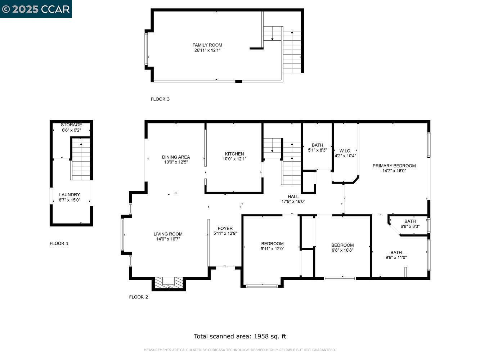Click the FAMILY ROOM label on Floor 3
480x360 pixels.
[x=207, y=45]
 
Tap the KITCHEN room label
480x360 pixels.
[x=234, y=154]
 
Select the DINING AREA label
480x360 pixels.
[x=176, y=157]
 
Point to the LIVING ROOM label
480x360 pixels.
[x=168, y=234]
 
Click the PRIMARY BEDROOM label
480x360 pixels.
[x=394, y=166]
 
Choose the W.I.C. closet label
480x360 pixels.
[x=345, y=151]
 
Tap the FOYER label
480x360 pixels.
[x=225, y=228]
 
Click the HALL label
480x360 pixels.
[x=293, y=197]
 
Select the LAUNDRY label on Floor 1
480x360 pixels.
[x=69, y=195]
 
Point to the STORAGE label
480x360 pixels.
[x=71, y=125]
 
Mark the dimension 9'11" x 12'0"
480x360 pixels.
[x=272, y=248]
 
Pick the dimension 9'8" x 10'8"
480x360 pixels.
[x=342, y=250]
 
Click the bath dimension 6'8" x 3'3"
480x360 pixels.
[x=410, y=226]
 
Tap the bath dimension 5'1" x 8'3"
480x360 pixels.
[x=317, y=150]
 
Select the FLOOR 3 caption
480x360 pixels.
[x=160, y=99]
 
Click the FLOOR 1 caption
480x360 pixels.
[x=59, y=243]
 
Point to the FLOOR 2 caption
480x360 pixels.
[x=138, y=297]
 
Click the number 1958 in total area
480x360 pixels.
[x=261, y=336]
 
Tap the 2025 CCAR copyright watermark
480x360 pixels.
[x=36, y=9]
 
